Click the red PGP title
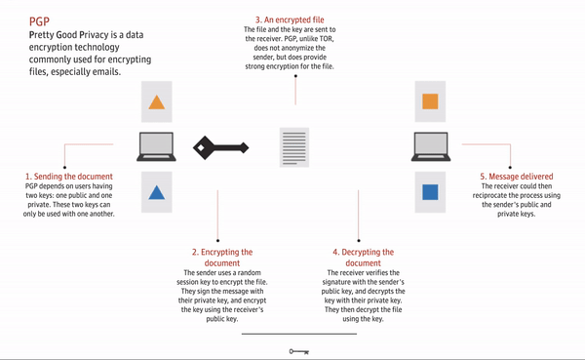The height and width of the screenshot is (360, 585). point(39,21)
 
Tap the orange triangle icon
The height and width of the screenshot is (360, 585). point(157,102)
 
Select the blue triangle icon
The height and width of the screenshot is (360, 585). point(157,192)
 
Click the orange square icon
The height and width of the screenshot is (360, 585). point(430,101)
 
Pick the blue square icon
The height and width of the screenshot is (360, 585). point(430,192)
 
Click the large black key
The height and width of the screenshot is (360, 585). point(221,148)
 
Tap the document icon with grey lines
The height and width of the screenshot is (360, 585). point(294,147)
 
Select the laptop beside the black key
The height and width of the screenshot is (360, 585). point(156,146)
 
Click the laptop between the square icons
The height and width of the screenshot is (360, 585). point(431,146)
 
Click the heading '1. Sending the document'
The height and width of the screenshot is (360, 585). point(69,177)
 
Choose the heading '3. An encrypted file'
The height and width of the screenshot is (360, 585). point(290,20)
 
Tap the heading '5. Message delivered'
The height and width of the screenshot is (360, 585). point(517,177)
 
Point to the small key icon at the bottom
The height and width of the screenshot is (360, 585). point(299,351)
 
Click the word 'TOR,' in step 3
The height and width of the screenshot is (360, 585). point(326,38)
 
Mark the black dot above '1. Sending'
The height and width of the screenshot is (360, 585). point(64,167)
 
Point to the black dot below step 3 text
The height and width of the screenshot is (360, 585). point(295,76)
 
